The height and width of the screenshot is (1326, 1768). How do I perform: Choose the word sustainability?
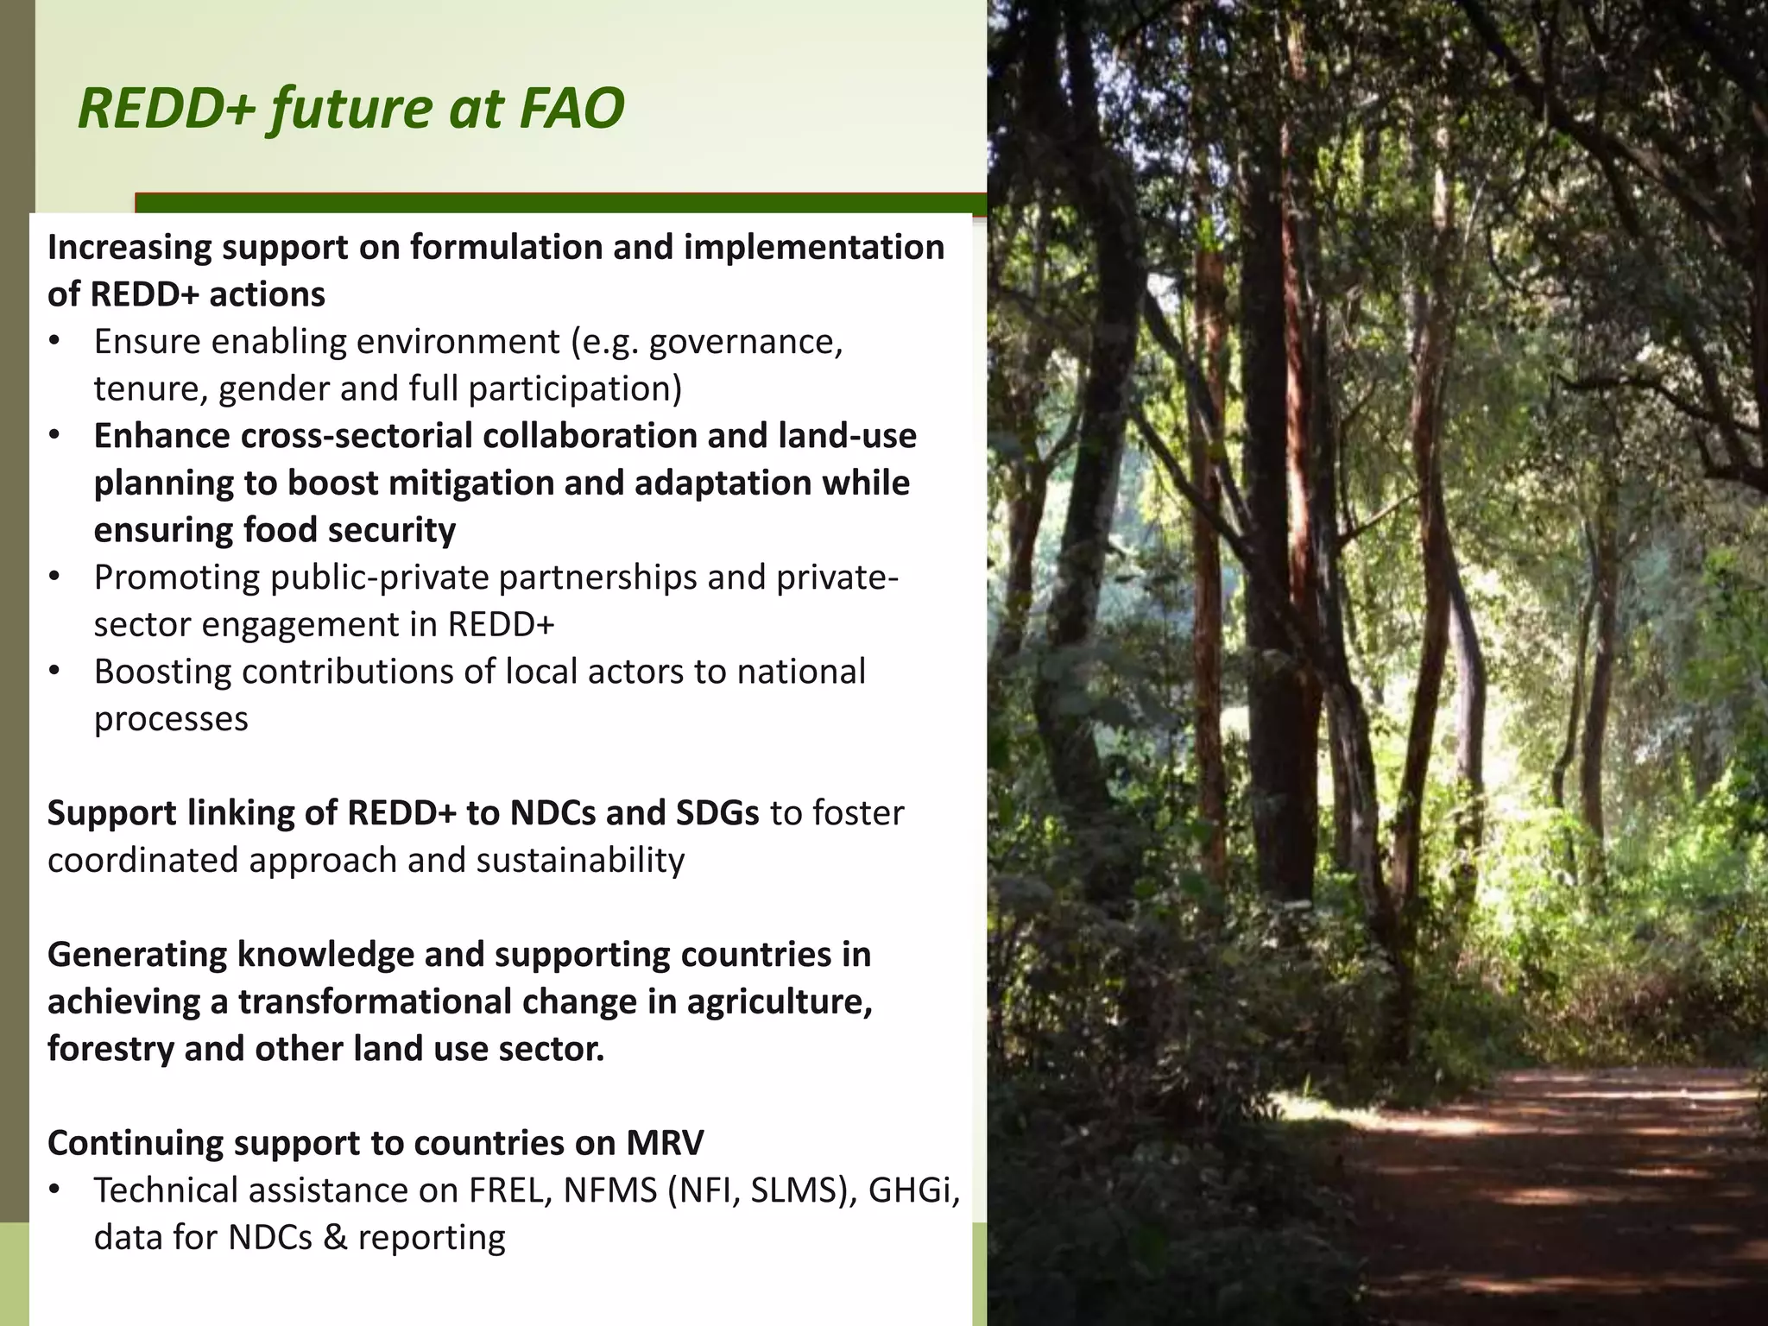pos(580,861)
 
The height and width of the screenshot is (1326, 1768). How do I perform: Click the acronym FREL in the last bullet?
pos(509,1191)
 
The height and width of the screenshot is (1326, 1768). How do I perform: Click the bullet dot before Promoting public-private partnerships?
pos(55,576)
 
